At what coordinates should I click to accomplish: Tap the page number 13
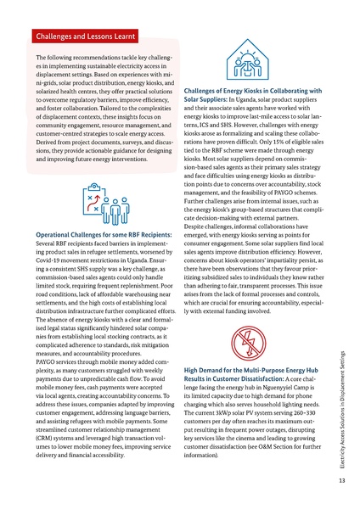(x=340, y=480)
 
